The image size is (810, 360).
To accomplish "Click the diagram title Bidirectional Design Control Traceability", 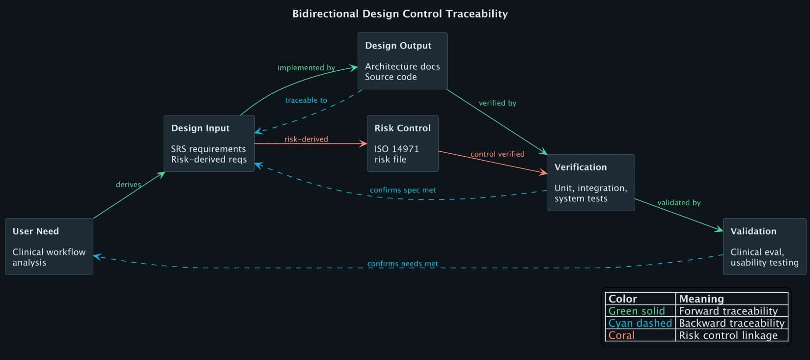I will click(x=400, y=14).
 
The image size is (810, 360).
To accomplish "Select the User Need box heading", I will click(x=36, y=231).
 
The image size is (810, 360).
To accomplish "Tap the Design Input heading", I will click(x=200, y=128).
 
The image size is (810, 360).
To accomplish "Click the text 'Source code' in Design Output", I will click(x=391, y=77).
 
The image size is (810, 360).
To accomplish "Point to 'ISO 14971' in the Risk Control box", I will click(x=396, y=149).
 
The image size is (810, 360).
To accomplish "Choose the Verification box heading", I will click(x=580, y=167).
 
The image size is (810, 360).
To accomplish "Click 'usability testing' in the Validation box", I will click(x=764, y=263).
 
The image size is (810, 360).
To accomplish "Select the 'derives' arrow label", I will click(x=128, y=185).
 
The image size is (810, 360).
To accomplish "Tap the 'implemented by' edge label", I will click(x=306, y=68).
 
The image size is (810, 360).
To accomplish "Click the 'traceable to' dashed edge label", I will click(x=306, y=100).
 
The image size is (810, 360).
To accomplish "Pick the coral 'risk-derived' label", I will click(x=306, y=139).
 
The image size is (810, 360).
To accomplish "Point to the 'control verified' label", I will click(x=497, y=154).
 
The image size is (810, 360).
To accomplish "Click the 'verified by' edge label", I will click(x=497, y=103).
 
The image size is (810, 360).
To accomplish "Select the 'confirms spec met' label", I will click(x=402, y=190).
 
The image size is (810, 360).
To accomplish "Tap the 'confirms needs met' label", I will click(x=402, y=264).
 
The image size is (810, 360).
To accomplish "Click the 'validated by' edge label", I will click(x=679, y=203).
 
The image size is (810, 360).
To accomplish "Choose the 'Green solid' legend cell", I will click(x=636, y=311).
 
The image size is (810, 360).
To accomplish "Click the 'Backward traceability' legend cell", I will click(x=731, y=323).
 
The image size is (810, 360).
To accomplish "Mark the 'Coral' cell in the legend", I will click(x=621, y=335).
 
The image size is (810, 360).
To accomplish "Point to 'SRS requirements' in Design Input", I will click(x=208, y=149).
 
